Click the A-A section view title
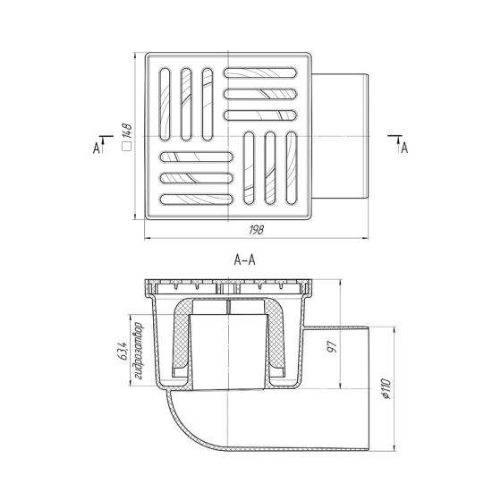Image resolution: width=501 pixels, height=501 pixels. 245,261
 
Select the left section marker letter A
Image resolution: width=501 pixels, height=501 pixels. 96,148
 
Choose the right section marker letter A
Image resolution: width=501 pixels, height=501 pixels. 404,148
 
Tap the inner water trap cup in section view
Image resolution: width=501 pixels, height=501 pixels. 229,344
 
